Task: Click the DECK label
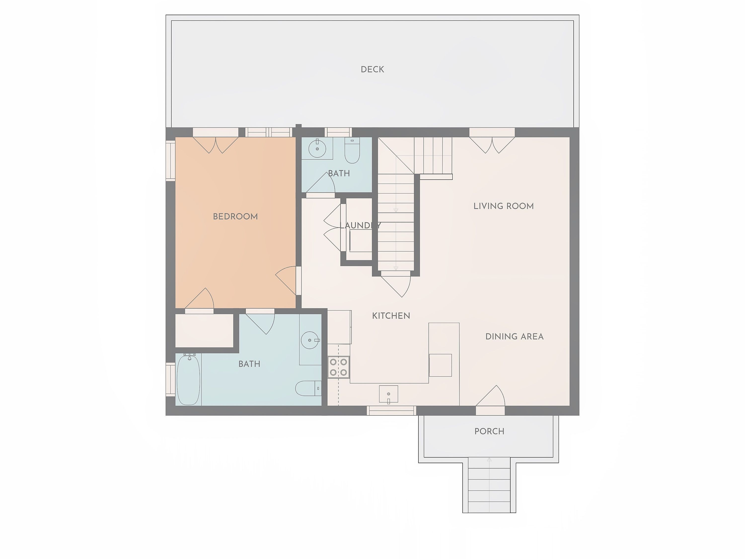372,69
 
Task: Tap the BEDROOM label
235,216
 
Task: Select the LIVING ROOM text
504,206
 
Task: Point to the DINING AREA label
514,336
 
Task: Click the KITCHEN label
391,316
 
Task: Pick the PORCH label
489,431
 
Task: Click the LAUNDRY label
360,225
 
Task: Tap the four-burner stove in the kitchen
338,367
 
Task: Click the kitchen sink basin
388,394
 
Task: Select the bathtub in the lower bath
188,379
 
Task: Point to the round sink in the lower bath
309,340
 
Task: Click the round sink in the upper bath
317,148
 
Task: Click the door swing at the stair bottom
396,286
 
